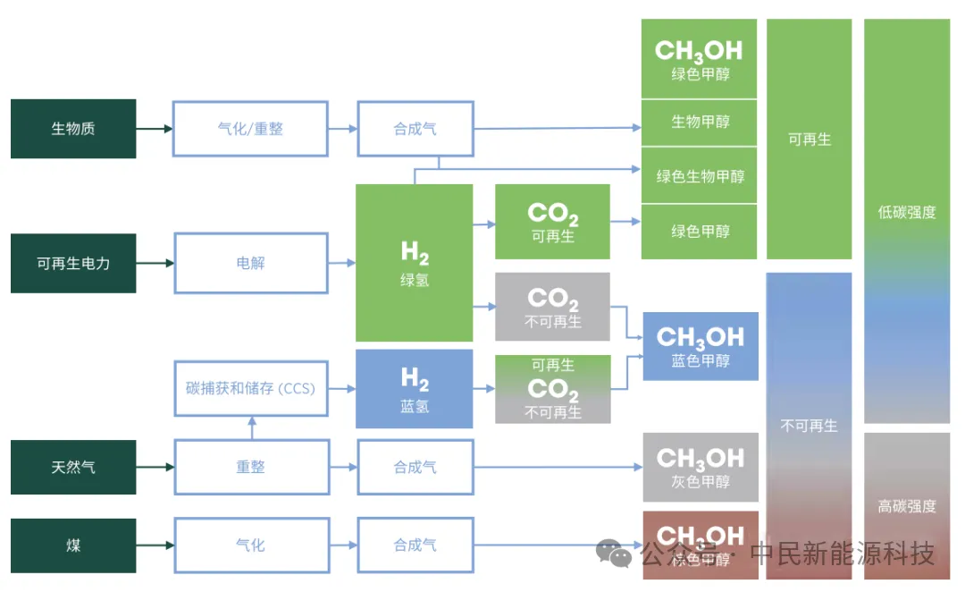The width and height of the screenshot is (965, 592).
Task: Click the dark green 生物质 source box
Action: (x=73, y=129)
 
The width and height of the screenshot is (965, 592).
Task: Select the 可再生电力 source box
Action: (x=73, y=263)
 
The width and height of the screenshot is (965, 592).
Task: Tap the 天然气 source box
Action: (x=73, y=467)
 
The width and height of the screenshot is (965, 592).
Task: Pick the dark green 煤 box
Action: (x=73, y=545)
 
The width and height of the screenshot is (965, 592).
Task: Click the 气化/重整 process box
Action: (x=250, y=129)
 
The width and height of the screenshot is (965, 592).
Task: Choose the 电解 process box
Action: (x=250, y=263)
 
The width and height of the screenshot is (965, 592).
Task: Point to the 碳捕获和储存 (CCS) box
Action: (x=250, y=389)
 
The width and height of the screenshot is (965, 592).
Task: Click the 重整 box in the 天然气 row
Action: (x=250, y=467)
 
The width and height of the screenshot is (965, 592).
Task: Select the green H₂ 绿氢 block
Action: (x=415, y=263)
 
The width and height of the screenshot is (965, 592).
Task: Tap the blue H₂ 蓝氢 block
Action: (x=415, y=389)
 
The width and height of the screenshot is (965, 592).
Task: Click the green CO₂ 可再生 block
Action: (x=552, y=222)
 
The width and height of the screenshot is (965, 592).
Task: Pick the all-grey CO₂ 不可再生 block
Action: (x=552, y=307)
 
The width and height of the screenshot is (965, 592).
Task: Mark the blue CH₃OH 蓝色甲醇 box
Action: (x=701, y=346)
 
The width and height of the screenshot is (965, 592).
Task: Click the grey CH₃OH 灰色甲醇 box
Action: (x=701, y=467)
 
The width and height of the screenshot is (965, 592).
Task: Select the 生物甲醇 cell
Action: (x=701, y=122)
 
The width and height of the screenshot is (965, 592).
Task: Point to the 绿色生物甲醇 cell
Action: (x=701, y=176)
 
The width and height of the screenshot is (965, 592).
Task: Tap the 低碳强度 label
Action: (x=907, y=212)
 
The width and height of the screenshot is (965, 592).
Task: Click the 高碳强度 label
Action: (x=907, y=506)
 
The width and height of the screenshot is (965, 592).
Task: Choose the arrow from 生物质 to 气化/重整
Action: (x=155, y=129)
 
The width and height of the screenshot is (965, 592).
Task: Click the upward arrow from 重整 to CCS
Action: (x=251, y=428)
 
